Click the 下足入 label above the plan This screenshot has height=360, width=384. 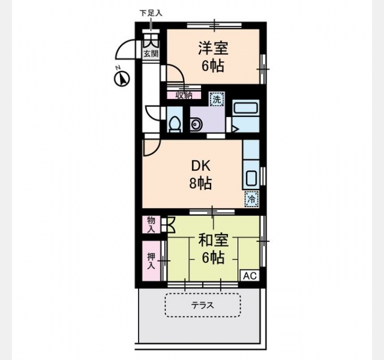click(x=151, y=13)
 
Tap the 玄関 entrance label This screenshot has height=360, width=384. click(x=151, y=53)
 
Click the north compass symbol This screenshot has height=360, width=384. click(x=122, y=79)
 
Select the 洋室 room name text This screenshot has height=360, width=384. click(x=213, y=49)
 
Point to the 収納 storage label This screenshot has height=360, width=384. click(x=184, y=95)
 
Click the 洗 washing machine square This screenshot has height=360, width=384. click(x=217, y=99)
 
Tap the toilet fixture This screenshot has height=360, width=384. click(x=175, y=124)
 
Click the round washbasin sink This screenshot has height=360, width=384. click(x=196, y=124)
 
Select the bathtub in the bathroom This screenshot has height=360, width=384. click(x=245, y=107)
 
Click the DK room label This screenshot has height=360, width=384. click(x=201, y=166)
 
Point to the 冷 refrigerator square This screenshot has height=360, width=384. click(x=251, y=199)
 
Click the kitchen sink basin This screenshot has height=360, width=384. click(x=251, y=178)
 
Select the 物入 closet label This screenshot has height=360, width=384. click(x=151, y=224)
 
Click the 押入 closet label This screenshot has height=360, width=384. click(x=151, y=261)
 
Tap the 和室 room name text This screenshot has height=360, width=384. click(x=214, y=240)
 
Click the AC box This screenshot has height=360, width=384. click(x=250, y=275)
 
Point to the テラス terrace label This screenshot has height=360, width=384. click(x=203, y=305)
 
